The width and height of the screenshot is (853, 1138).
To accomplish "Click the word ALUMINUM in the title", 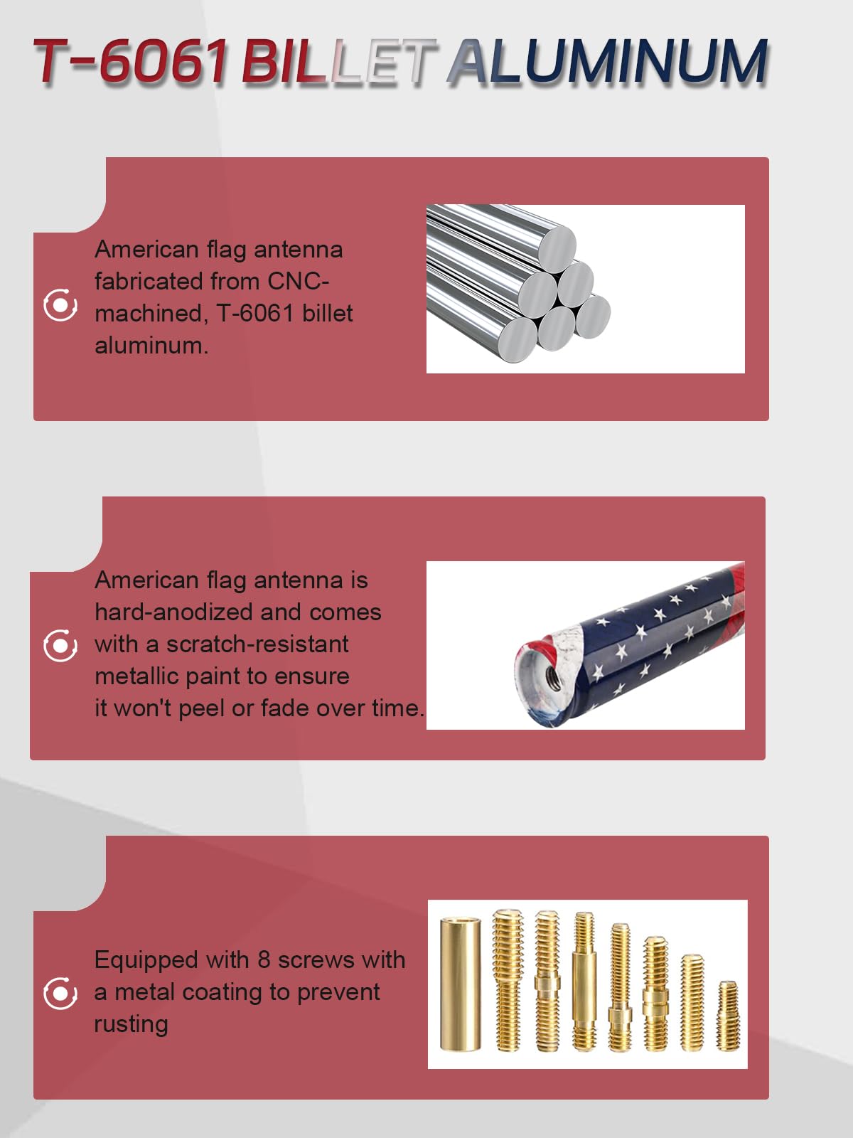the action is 608,62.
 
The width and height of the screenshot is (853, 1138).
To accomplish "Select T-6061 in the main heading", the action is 131,62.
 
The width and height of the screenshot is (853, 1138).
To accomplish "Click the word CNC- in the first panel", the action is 298,282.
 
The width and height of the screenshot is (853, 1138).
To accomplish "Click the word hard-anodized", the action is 174,612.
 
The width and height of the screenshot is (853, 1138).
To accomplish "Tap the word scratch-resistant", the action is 257,644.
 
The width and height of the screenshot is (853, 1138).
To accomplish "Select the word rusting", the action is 131,1025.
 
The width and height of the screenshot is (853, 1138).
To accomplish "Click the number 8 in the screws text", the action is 264,960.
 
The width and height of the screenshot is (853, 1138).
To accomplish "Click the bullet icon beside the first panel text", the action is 60,305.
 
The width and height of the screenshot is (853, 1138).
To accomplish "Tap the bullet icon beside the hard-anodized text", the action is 60,646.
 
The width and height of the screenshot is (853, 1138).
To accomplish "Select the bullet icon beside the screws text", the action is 60,994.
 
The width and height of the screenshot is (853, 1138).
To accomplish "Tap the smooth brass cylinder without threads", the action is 460,984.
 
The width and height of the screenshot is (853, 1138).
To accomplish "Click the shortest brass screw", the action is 728,1016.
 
